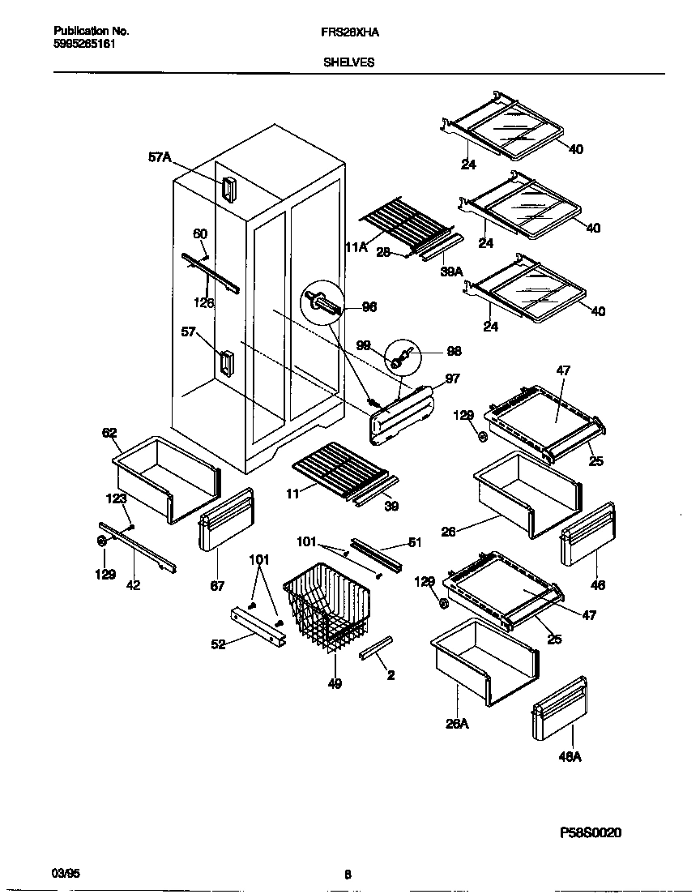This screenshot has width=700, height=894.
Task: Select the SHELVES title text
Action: click(x=349, y=62)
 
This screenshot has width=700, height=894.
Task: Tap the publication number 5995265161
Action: click(x=83, y=44)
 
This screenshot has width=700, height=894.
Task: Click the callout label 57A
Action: click(x=160, y=158)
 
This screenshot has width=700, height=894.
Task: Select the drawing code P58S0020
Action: click(x=591, y=832)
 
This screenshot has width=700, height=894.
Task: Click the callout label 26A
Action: click(x=456, y=724)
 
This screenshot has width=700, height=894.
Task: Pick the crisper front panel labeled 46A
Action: click(x=560, y=709)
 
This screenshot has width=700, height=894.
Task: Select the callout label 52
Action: click(x=219, y=644)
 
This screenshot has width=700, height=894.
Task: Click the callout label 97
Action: click(x=452, y=379)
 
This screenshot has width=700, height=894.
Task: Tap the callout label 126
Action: click(x=204, y=303)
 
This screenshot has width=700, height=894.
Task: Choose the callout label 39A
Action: click(x=451, y=272)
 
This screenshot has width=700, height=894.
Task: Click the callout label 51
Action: click(x=415, y=543)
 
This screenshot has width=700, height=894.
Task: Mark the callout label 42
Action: click(x=133, y=585)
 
